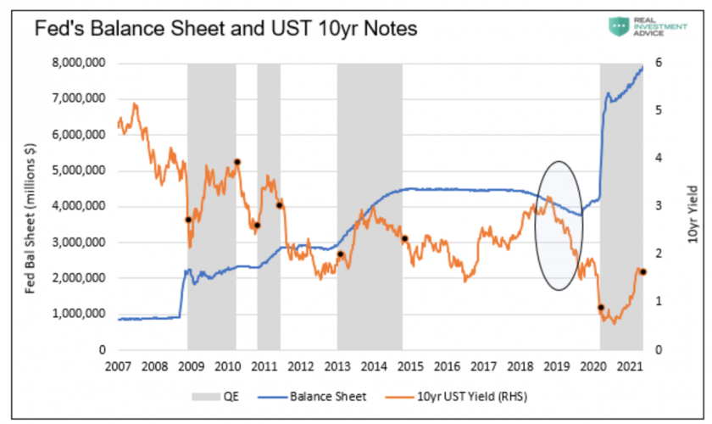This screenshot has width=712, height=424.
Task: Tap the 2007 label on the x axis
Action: [x=117, y=366]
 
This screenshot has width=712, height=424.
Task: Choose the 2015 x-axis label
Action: [x=410, y=366]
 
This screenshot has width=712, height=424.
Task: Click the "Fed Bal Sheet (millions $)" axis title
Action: [x=30, y=206]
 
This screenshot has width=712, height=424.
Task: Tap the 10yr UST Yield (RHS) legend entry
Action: [x=470, y=396]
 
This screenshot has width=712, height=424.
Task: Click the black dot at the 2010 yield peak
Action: [x=237, y=162]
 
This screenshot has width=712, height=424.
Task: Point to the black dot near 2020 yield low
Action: [x=601, y=308]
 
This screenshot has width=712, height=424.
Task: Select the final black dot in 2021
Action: [x=642, y=271]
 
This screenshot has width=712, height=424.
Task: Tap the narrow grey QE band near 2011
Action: [x=269, y=204]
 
